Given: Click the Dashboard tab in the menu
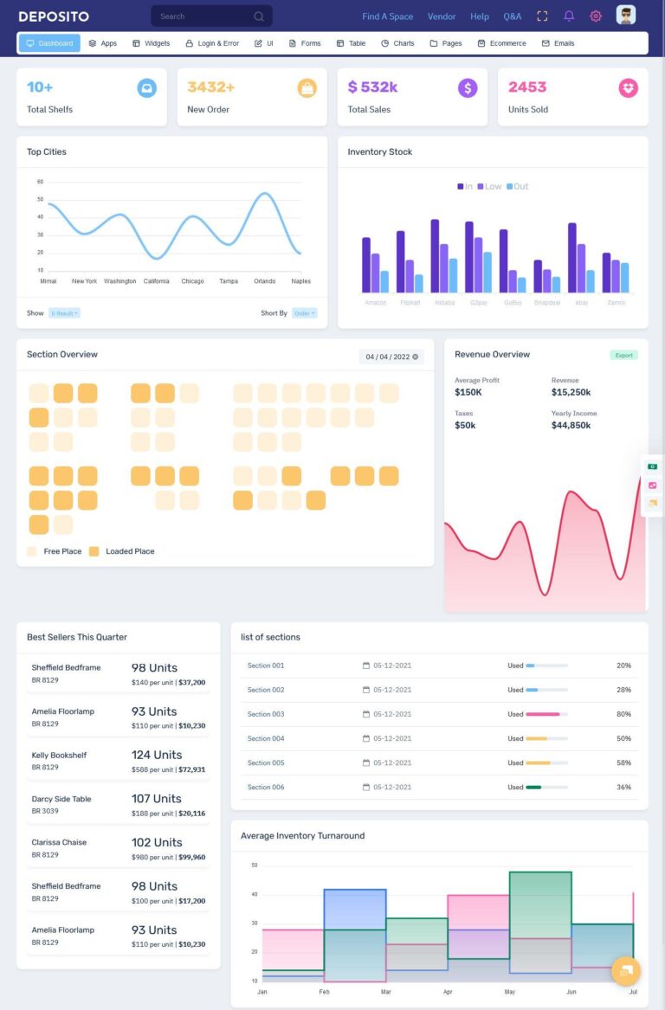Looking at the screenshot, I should [x=49, y=43].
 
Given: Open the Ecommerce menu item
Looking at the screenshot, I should [x=502, y=43].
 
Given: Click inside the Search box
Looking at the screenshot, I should [x=203, y=16].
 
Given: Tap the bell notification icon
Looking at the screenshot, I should [x=569, y=16].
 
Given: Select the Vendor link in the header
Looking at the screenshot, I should [x=442, y=16].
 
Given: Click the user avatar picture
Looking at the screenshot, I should [x=625, y=15].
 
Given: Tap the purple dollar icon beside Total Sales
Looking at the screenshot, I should [x=468, y=87].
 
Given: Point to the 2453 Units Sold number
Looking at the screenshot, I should [x=527, y=87].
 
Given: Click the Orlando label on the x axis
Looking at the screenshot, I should [x=265, y=281].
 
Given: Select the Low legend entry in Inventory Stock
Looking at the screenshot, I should [x=489, y=187].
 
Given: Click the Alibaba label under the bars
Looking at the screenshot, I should [x=444, y=303].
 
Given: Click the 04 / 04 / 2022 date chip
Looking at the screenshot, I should [x=391, y=357].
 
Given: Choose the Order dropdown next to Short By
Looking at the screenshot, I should [x=304, y=313].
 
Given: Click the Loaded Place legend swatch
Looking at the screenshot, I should [x=94, y=551].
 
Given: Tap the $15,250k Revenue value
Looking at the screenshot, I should [x=571, y=393].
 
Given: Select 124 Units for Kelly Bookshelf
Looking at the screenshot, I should [x=157, y=755].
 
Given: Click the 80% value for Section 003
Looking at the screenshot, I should [x=623, y=715].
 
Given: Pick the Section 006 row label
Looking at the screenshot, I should [x=266, y=788].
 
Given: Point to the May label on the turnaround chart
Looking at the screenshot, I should [x=510, y=992].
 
